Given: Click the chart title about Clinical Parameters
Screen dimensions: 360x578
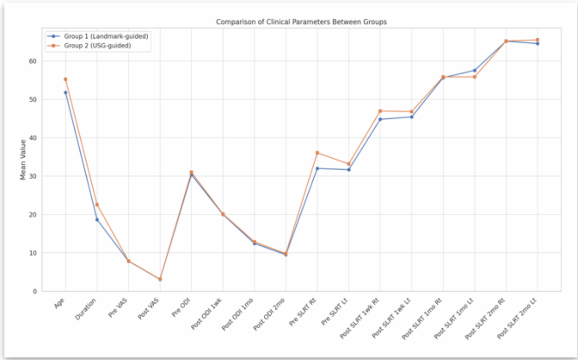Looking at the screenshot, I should pyautogui.click(x=301, y=22).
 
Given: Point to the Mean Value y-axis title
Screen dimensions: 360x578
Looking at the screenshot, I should pyautogui.click(x=23, y=159).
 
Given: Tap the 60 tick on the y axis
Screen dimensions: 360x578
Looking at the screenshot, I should pyautogui.click(x=34, y=61).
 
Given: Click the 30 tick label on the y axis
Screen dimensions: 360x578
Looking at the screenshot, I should pyautogui.click(x=34, y=176).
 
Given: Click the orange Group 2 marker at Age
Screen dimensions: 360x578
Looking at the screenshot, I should pyautogui.click(x=65, y=79).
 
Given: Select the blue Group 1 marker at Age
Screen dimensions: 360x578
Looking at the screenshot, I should pyautogui.click(x=65, y=92).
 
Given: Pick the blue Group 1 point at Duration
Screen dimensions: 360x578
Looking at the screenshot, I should pyautogui.click(x=97, y=220).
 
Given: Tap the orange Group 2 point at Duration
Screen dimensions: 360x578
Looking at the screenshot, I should pyautogui.click(x=97, y=205).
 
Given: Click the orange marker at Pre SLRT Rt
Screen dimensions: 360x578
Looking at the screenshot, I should pyautogui.click(x=317, y=153).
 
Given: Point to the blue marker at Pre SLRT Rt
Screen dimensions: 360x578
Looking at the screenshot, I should pyautogui.click(x=317, y=168).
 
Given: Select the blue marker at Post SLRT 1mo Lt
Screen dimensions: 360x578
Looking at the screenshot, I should pyautogui.click(x=475, y=70).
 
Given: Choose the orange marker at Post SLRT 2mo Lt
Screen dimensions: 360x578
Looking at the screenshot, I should pyautogui.click(x=537, y=40).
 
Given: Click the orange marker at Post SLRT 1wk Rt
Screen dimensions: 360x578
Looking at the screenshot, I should pyautogui.click(x=380, y=111).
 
